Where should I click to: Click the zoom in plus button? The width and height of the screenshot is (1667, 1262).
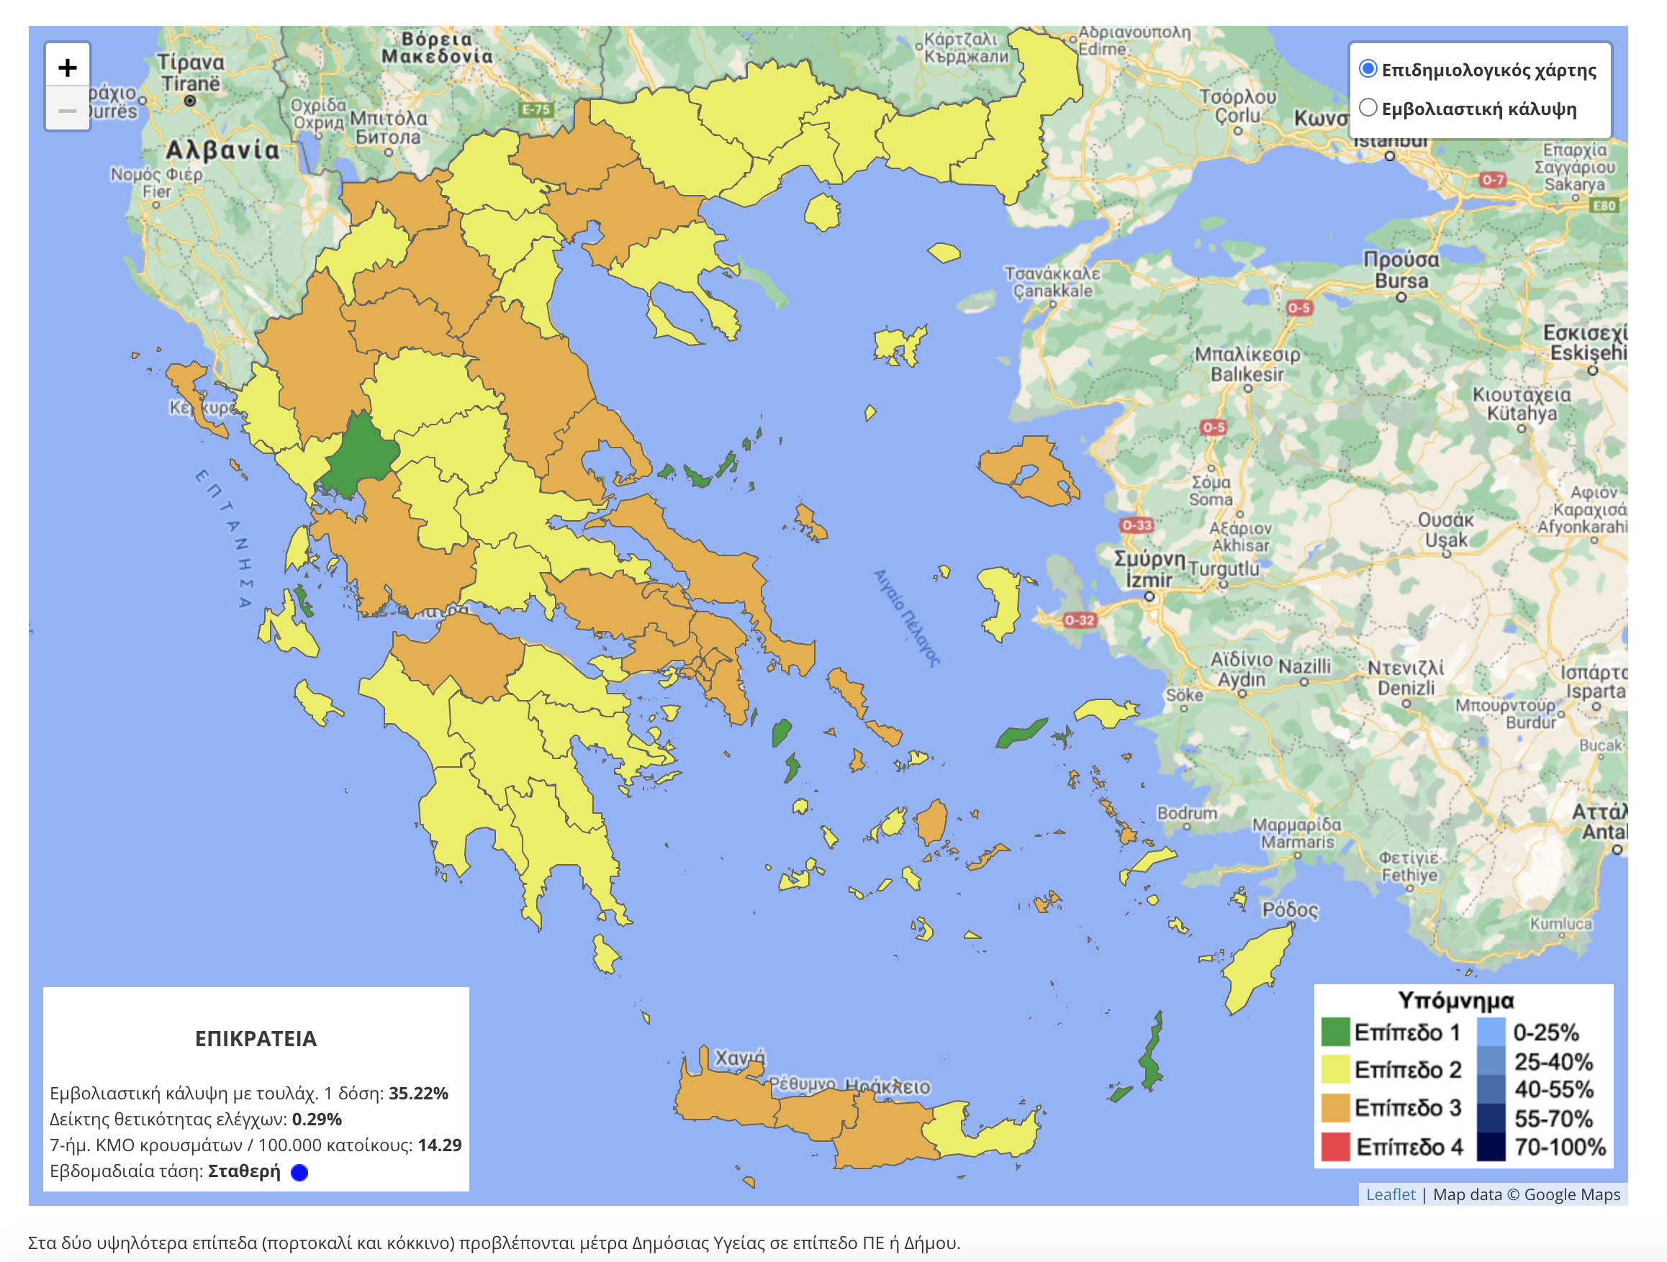click(x=67, y=68)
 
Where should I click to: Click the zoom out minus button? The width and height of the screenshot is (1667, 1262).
click(x=67, y=111)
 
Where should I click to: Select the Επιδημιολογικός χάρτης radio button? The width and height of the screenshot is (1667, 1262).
click(x=1367, y=69)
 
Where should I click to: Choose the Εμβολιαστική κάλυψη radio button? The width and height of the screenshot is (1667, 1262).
click(x=1367, y=108)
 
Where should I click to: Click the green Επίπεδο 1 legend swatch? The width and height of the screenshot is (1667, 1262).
click(x=1334, y=1032)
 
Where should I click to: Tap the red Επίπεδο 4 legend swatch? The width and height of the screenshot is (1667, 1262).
click(x=1334, y=1146)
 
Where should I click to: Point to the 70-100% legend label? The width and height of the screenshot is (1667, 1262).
click(x=1559, y=1147)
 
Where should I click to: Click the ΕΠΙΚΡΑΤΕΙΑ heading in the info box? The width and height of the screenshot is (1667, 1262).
click(x=256, y=1038)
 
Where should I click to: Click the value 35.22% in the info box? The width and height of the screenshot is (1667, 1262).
click(x=418, y=1092)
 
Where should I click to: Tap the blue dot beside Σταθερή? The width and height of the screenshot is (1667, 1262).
click(x=299, y=1172)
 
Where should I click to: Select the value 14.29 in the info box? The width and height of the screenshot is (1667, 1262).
click(x=439, y=1145)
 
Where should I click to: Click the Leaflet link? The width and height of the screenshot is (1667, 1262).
click(x=1390, y=1194)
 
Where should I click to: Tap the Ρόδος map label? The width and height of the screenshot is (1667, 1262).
click(x=1289, y=909)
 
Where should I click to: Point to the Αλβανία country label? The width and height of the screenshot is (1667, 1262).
click(x=222, y=150)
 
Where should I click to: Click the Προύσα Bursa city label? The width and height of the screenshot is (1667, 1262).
click(x=1400, y=270)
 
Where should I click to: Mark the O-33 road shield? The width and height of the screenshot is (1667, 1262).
click(x=1136, y=525)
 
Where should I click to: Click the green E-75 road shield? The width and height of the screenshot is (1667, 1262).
click(x=536, y=109)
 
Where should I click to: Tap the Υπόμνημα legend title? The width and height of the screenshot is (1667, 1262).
click(x=1455, y=1000)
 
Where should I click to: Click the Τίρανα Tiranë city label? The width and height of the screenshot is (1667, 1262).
click(x=190, y=73)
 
